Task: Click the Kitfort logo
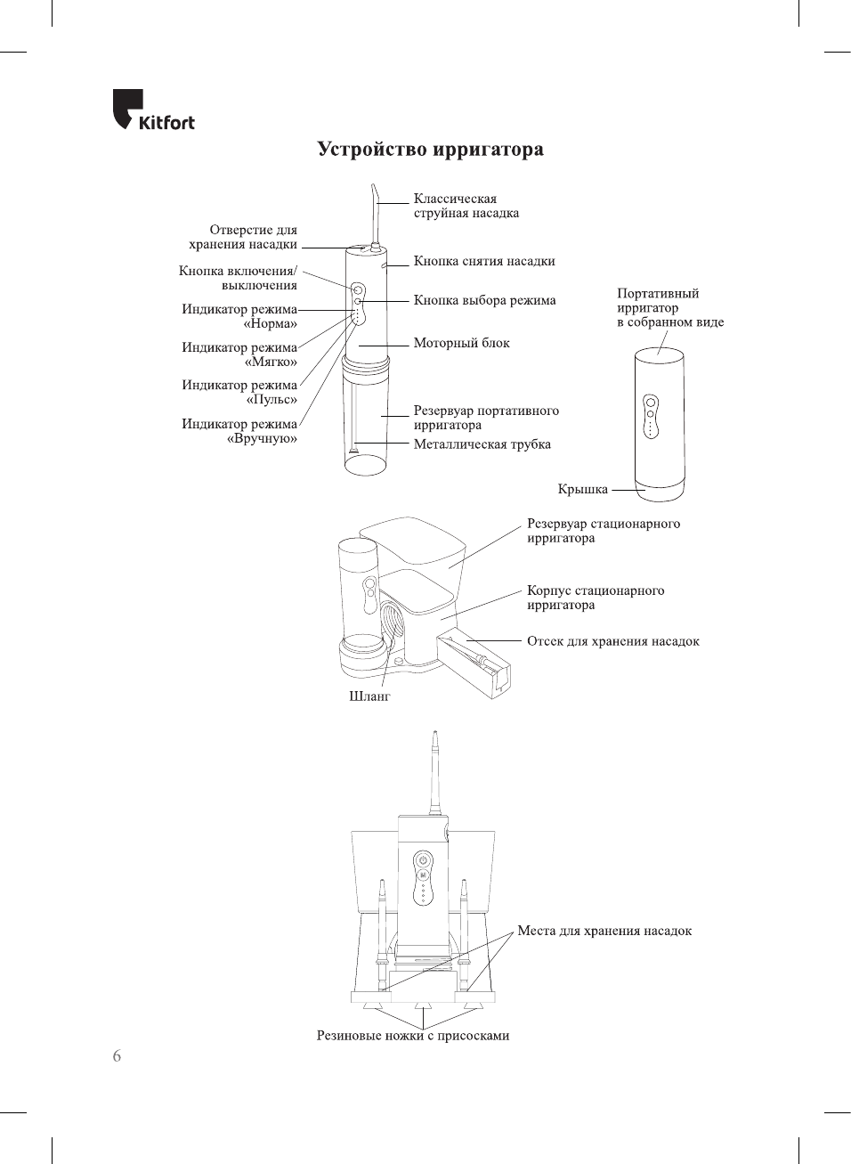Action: click(x=153, y=110)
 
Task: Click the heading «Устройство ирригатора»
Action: click(x=430, y=150)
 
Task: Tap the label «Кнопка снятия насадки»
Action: click(x=483, y=262)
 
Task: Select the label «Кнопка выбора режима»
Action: click(x=484, y=301)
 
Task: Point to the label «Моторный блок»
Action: click(x=461, y=343)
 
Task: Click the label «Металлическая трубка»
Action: click(x=482, y=444)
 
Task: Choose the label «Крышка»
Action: click(x=582, y=489)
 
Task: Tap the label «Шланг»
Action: click(x=369, y=696)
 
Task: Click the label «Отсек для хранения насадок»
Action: click(x=612, y=641)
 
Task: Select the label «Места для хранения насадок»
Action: click(x=604, y=931)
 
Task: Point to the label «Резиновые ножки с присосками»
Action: click(x=413, y=1036)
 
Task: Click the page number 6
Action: click(x=117, y=1056)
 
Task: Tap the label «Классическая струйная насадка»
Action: click(x=466, y=206)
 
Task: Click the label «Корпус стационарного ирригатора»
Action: click(x=595, y=598)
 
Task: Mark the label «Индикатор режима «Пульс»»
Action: click(x=239, y=392)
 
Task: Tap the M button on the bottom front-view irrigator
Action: click(x=423, y=875)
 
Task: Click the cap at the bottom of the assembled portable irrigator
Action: click(x=659, y=491)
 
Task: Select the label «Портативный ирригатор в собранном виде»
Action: click(x=669, y=308)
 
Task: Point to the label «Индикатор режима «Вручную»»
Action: click(x=239, y=431)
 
